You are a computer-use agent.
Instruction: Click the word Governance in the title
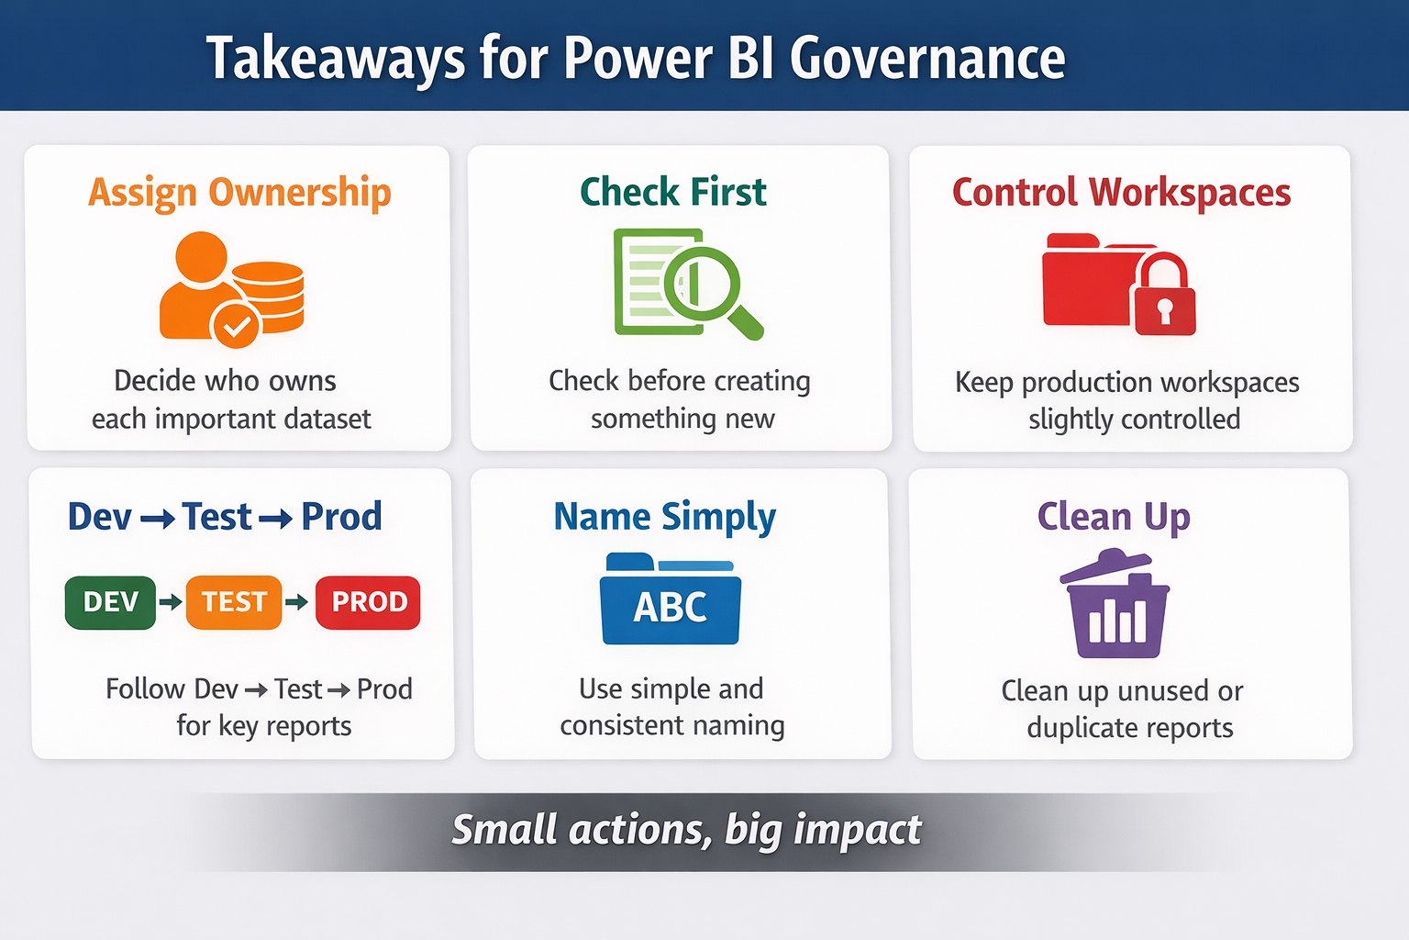point(927,58)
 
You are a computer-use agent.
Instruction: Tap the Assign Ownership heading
point(239,192)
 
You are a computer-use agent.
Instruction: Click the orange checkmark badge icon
point(235,326)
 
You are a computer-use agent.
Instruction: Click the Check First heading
point(673,192)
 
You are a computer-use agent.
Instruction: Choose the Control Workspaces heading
point(1122,192)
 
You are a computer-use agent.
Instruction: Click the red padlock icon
point(1165,295)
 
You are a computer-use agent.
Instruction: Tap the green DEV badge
point(111,602)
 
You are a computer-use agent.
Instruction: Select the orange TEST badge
point(234,602)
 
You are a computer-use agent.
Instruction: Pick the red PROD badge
point(368,602)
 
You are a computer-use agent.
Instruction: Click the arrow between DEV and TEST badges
point(172,602)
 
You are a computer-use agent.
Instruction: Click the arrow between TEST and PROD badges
point(297,602)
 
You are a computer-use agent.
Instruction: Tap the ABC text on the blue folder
point(671,607)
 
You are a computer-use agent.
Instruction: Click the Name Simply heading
point(665,517)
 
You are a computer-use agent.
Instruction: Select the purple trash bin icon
point(1115,603)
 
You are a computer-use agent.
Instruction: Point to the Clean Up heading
point(1114,517)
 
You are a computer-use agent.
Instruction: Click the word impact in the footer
point(858,830)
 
